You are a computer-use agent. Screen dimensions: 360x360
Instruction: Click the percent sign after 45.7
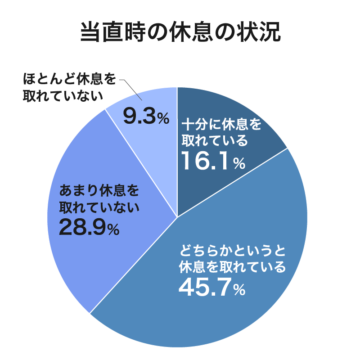point(239,290)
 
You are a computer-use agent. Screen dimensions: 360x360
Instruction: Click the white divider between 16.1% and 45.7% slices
point(232,183)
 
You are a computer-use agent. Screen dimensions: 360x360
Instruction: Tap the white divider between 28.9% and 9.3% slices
point(141,162)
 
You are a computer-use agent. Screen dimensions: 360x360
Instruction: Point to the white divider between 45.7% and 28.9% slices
point(134,265)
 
